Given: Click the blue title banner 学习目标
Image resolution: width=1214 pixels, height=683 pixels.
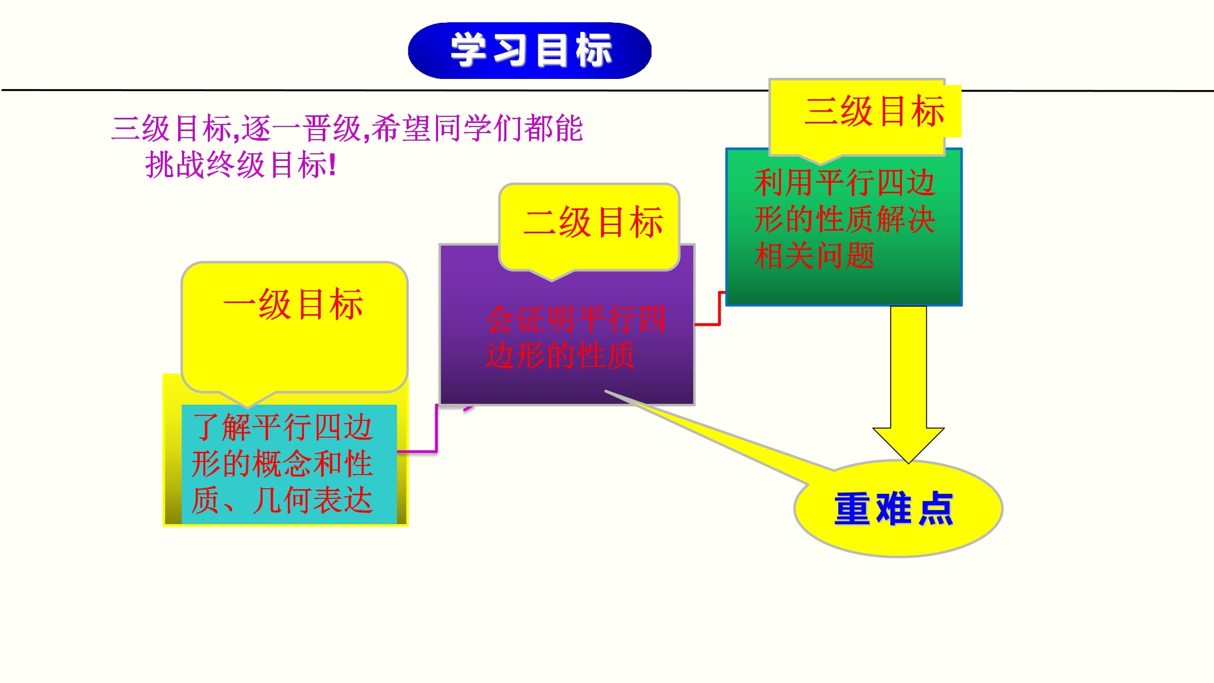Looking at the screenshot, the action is tap(530, 51).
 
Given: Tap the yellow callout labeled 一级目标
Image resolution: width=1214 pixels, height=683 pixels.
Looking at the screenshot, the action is tap(294, 329).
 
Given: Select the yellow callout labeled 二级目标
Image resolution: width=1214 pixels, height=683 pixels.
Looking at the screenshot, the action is tap(589, 228).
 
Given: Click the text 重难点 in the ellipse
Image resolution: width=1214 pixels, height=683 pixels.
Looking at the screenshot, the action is tap(894, 508).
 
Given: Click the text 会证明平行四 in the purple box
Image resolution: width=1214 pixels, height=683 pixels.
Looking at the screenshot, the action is tap(576, 319).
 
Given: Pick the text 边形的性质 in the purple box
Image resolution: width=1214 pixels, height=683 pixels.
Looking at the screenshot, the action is tap(560, 355).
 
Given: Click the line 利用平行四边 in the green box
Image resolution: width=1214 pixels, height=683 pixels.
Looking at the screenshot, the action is tap(845, 183).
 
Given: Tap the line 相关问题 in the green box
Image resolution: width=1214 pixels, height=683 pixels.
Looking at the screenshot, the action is tap(814, 255).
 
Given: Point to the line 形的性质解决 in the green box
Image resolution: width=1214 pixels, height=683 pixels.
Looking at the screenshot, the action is tap(845, 219).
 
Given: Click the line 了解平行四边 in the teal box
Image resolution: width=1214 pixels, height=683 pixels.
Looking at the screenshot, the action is tap(282, 427).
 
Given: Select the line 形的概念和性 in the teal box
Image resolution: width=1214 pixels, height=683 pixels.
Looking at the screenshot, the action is tap(282, 463).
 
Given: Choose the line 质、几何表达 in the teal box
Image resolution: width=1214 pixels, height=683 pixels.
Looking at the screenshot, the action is tap(282, 500).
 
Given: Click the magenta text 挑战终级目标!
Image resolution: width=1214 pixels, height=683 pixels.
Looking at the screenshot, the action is tap(241, 164).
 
